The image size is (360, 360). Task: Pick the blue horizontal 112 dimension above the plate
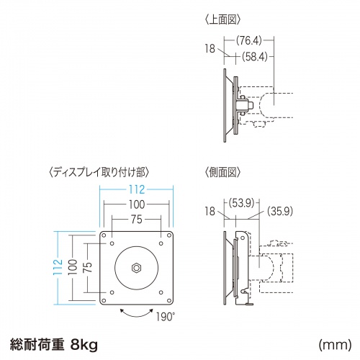[136, 190]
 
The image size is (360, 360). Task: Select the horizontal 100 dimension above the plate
[136, 205]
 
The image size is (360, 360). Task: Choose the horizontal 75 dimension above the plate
[136, 220]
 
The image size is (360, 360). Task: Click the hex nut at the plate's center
[136, 267]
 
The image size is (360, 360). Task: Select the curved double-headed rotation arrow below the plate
[136, 313]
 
